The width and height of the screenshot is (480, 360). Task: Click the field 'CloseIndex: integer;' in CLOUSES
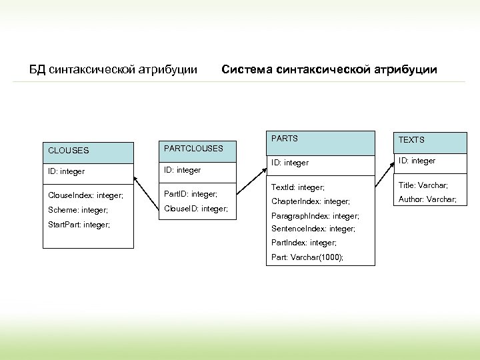tap(86, 195)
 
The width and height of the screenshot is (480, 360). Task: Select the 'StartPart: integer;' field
tap(79, 225)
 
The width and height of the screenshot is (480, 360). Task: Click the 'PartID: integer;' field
tap(191, 194)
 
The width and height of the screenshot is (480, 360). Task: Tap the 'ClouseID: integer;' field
tap(196, 209)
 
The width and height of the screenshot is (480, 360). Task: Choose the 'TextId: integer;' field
tap(298, 188)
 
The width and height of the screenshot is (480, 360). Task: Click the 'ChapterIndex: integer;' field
tap(311, 201)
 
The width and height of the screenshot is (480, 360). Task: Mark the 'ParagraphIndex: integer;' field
tap(315, 216)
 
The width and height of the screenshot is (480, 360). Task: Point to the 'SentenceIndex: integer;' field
tap(313, 229)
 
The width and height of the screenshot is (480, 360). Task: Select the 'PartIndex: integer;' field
tap(304, 243)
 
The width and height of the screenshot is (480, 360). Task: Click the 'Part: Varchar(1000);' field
tap(308, 257)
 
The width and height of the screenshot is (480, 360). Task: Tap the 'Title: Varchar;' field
tap(423, 185)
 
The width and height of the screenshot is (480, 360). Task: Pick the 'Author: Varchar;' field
tap(427, 199)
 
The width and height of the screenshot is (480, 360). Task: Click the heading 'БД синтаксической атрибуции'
tap(113, 69)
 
